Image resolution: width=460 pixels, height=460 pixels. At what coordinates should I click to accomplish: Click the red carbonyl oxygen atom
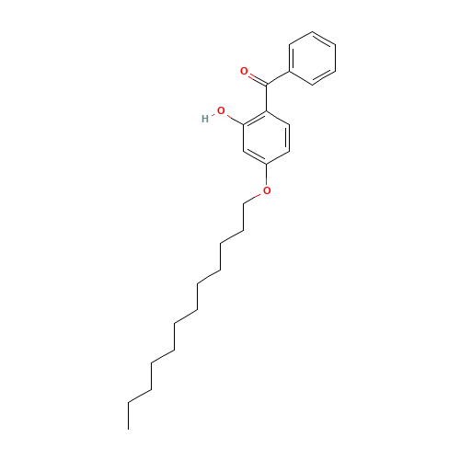point(245,71)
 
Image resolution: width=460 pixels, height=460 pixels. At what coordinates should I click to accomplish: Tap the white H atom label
point(206,119)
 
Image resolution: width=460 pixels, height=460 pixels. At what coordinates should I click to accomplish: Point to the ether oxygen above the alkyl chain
point(267,190)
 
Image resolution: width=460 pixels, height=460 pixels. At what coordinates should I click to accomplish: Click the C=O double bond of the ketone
point(255,77)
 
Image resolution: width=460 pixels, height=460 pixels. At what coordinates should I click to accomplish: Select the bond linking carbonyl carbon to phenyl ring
point(278,78)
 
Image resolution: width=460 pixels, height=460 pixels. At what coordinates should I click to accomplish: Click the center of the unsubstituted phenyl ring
point(313,60)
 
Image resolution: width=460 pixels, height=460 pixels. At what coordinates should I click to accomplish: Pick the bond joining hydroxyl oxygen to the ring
point(233,117)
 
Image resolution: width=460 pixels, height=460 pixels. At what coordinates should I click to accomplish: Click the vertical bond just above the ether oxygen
point(267,176)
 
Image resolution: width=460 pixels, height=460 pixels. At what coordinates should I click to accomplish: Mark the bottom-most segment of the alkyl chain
point(140,397)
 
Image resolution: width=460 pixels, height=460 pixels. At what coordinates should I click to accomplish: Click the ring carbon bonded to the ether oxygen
point(267,164)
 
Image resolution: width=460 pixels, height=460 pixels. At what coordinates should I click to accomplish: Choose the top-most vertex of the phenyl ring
point(313,33)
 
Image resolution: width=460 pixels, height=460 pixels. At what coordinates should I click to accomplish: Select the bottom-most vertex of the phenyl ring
point(313,86)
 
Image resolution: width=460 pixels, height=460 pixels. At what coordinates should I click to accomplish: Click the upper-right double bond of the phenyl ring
point(325,40)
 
